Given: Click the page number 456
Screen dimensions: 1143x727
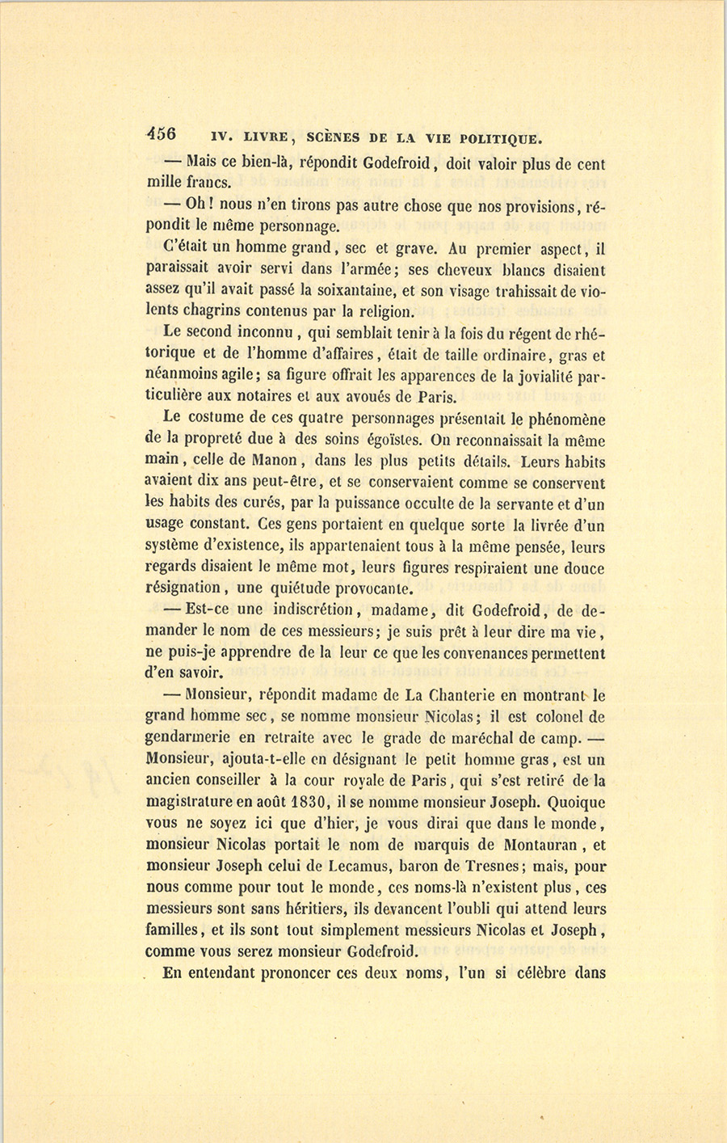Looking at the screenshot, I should tap(162, 134).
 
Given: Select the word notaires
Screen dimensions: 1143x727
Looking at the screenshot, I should tap(281, 398).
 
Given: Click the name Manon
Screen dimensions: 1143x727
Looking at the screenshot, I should tap(279, 462).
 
